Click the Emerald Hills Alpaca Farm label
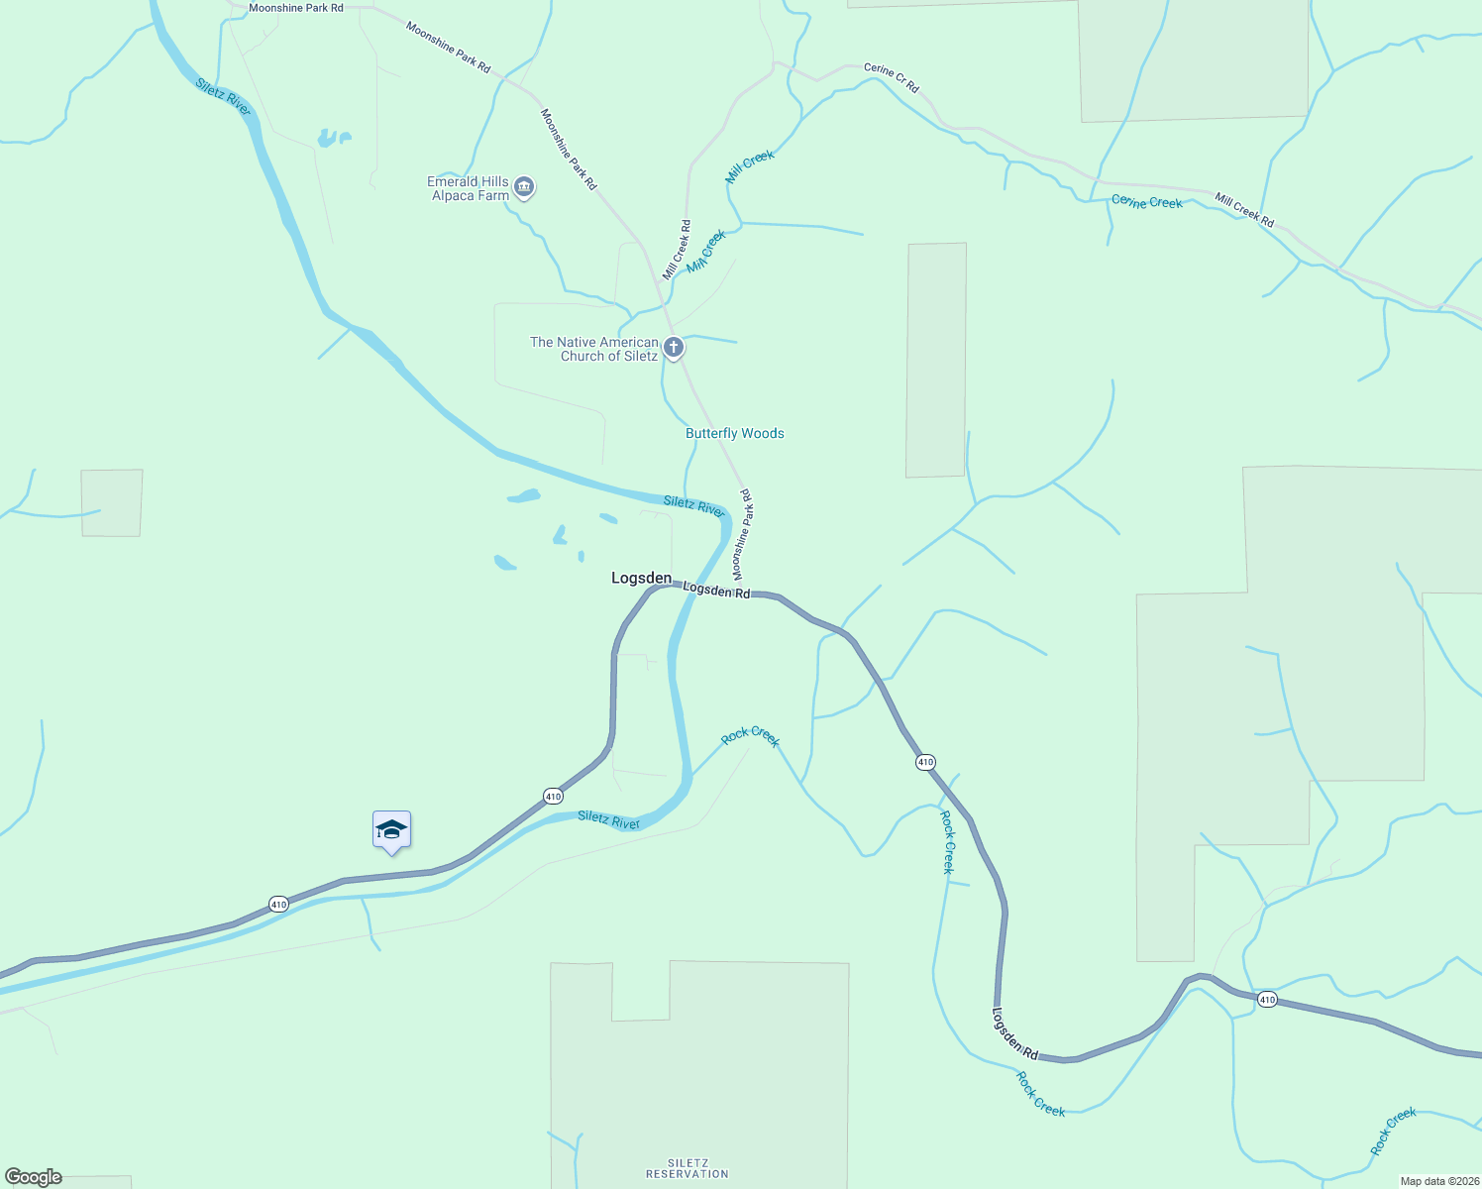[x=470, y=188]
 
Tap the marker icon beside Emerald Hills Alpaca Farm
[x=525, y=186]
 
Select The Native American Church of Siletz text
[x=594, y=349]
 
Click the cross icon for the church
[x=674, y=347]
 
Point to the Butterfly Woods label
[x=734, y=433]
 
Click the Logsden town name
[x=641, y=578]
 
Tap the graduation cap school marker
[x=391, y=830]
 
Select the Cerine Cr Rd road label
[x=892, y=77]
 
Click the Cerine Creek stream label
[x=1146, y=202]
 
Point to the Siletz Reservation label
[x=687, y=1168]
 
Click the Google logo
[x=34, y=1177]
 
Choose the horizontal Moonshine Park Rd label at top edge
[x=296, y=8]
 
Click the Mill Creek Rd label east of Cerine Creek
[x=1244, y=210]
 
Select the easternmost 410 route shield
[x=1267, y=1000]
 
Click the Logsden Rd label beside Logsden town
[x=716, y=591]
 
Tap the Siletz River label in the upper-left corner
[x=223, y=96]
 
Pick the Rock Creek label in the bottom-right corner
[x=1393, y=1131]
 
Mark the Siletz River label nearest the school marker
[x=608, y=819]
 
